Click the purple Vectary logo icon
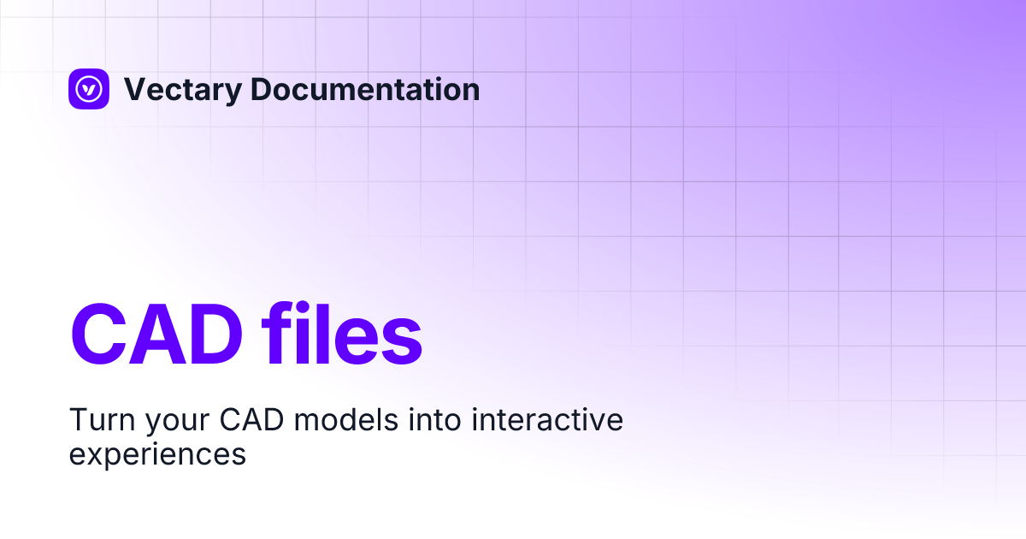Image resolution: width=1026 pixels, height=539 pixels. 89,89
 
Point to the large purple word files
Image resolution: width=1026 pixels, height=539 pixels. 342,333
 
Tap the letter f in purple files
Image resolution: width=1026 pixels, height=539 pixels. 279,332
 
